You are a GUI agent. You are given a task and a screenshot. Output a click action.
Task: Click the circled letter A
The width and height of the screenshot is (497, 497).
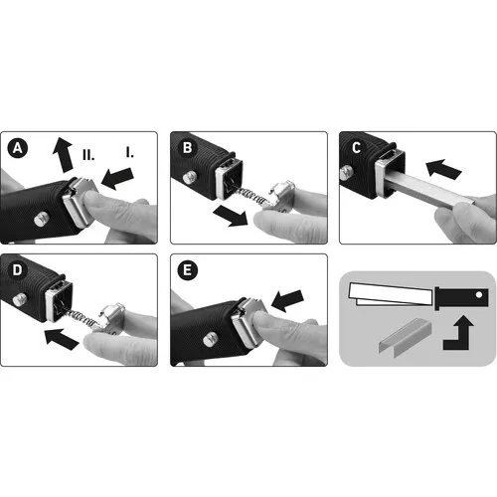(x=18, y=148)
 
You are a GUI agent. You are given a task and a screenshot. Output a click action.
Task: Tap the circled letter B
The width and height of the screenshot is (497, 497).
(x=187, y=148)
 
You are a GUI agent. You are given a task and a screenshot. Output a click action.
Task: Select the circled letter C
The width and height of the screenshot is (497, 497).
(x=357, y=148)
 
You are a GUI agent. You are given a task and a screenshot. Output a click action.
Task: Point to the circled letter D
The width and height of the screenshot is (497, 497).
(x=17, y=270)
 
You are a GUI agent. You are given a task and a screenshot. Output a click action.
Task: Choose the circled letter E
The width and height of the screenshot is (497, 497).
(x=187, y=270)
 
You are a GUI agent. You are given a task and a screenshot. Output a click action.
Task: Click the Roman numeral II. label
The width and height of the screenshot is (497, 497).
(x=88, y=154)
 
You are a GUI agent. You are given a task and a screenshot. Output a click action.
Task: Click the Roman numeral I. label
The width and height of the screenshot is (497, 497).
(x=130, y=152)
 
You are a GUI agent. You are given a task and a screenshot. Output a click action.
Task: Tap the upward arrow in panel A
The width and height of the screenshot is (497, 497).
(x=63, y=155)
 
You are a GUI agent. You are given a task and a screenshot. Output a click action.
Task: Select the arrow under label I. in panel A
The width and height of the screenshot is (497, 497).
(x=117, y=178)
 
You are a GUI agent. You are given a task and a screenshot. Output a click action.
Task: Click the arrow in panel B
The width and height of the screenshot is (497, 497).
(x=231, y=216)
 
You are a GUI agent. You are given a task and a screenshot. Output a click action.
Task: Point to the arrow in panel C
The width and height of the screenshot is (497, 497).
(x=443, y=169)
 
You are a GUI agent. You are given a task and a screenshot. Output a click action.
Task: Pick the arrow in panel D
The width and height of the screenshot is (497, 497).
(x=62, y=339)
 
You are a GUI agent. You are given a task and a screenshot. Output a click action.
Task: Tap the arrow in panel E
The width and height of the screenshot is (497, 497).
(x=287, y=301)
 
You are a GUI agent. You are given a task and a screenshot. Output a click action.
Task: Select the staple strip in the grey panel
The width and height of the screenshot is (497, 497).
(x=406, y=338)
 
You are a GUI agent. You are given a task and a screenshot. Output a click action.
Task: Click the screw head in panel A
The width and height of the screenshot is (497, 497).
(x=42, y=220)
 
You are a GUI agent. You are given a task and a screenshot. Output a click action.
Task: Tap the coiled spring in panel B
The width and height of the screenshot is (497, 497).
(x=252, y=196)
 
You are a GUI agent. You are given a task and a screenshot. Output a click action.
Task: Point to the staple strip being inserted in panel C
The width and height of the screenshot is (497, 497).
(x=429, y=189)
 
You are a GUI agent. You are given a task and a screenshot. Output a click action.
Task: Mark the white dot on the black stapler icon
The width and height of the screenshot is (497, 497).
(x=479, y=294)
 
